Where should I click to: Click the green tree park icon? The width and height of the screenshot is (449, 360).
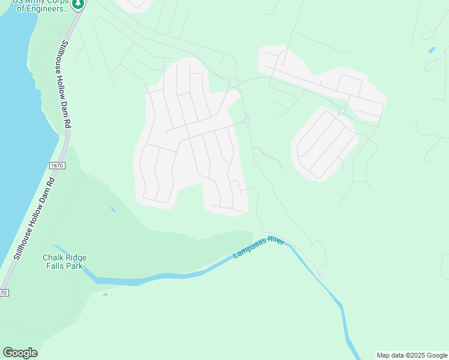coord(77,5)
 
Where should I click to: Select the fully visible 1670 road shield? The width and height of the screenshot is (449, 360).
coord(57,165)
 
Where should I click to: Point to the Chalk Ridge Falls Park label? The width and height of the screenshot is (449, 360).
coord(64,262)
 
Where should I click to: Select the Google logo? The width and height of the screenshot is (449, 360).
coord(20,352)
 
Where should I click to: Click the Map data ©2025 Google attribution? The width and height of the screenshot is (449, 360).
coord(412,355)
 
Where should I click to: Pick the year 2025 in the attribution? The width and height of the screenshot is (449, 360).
coord(415,355)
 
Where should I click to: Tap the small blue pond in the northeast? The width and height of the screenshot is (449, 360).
coord(432,50)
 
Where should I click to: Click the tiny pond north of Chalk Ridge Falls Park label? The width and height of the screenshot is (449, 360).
coord(113,209)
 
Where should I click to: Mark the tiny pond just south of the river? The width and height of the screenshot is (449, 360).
coord(105,294)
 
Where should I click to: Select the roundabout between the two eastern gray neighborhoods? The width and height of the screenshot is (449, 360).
coord(341,110)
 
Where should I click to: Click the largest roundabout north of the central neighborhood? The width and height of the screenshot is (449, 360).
coord(234,82)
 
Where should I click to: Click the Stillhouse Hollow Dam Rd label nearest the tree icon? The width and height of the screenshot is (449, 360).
coord(65,84)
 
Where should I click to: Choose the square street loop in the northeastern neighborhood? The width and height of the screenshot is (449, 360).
coord(349,85)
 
